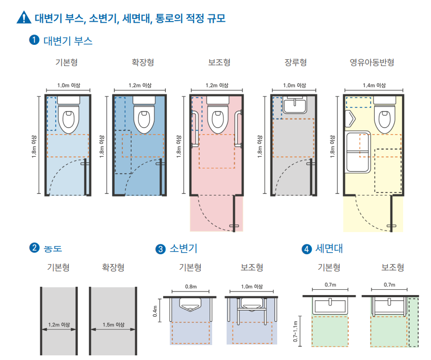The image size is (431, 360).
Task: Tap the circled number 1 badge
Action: click(x=35, y=40)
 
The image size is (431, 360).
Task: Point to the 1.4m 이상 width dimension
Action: click(x=374, y=86)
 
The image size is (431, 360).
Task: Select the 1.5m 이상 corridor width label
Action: click(x=113, y=324)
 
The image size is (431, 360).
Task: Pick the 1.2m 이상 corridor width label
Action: click(x=58, y=324)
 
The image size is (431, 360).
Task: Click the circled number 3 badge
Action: click(x=161, y=249)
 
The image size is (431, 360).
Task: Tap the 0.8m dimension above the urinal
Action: click(x=191, y=286)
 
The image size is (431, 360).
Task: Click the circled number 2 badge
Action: click(x=35, y=248)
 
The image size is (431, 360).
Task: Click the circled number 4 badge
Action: click(x=307, y=249)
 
